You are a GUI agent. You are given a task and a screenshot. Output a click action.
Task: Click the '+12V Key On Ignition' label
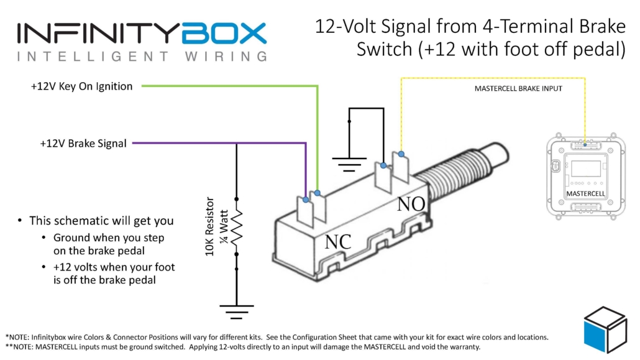pyautogui.click(x=81, y=86)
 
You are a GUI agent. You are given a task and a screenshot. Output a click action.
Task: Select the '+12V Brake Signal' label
pyautogui.click(x=83, y=144)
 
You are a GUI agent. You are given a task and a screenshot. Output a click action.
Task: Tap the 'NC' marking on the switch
pyautogui.click(x=338, y=242)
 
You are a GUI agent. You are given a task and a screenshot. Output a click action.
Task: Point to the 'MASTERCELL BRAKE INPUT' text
pyautogui.click(x=518, y=89)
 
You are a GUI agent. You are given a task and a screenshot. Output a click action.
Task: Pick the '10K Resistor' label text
pyautogui.click(x=211, y=227)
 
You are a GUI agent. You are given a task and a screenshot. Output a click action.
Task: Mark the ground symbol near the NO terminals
pyautogui.click(x=349, y=164)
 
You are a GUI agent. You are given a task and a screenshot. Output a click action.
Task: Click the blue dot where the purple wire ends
pyautogui.click(x=306, y=200)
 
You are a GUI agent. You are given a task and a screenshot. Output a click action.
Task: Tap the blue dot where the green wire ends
pyautogui.click(x=318, y=193)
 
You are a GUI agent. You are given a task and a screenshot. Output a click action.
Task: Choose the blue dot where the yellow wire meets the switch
pyautogui.click(x=401, y=154)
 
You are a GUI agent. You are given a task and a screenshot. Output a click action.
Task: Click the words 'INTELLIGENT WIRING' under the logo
pyautogui.click(x=142, y=57)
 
